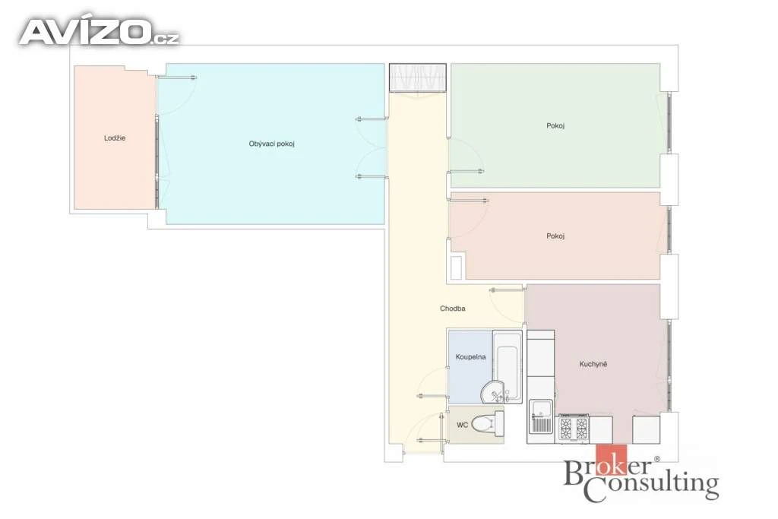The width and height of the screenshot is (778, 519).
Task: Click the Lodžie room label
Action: point(115,138)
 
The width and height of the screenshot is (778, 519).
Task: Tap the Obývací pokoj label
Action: point(271,144)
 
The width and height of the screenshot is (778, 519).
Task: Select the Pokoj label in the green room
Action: point(555,125)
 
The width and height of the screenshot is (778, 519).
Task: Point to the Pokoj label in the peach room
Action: point(555,236)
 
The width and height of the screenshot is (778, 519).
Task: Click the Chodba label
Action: point(453,308)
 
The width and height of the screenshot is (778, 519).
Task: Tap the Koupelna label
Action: point(470,356)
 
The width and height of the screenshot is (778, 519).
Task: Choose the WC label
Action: point(462,426)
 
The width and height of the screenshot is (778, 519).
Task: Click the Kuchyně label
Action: point(593,364)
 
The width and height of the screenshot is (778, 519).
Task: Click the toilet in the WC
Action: point(487,424)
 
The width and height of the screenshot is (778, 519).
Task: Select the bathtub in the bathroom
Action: point(507,366)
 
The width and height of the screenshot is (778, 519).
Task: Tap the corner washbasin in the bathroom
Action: point(492,392)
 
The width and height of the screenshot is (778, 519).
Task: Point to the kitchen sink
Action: point(541,416)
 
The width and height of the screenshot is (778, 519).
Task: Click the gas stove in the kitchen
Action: point(574,428)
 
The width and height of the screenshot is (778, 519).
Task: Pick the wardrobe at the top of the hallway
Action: point(417,78)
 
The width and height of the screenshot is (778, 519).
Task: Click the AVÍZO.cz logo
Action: point(99,32)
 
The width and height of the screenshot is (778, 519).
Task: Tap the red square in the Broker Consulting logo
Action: point(611,459)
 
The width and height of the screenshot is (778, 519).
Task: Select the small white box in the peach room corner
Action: point(457,267)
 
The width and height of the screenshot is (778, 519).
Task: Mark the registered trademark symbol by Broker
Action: point(657,460)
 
